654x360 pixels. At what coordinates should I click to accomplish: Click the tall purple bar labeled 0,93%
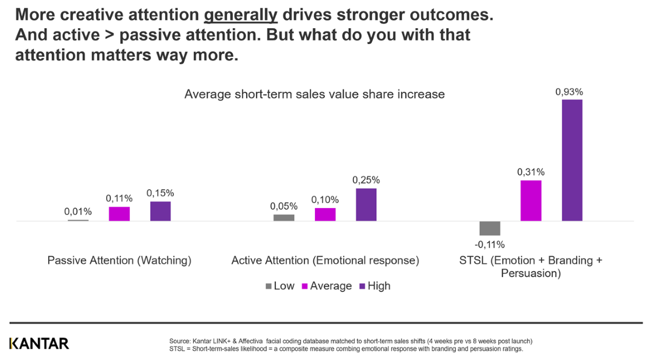(x=572, y=160)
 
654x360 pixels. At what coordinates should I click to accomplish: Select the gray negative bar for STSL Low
(x=490, y=228)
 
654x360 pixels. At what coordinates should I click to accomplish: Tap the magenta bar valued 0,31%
(x=531, y=201)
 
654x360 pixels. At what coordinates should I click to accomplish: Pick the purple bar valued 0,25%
(x=366, y=205)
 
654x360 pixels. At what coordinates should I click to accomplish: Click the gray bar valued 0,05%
(x=284, y=218)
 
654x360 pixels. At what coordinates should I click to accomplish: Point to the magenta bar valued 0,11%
(x=119, y=214)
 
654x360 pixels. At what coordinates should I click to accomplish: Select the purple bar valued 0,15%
(x=161, y=211)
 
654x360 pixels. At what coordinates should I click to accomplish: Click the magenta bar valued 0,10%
(x=325, y=214)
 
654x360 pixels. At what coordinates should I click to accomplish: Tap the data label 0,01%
(x=78, y=212)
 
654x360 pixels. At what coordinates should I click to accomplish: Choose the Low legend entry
(x=279, y=285)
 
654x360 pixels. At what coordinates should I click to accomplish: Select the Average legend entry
(x=326, y=285)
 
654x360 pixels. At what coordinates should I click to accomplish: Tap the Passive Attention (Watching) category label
(x=119, y=260)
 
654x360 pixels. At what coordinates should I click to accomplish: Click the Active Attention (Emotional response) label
(x=325, y=260)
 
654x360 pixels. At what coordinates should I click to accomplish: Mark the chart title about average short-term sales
(x=314, y=94)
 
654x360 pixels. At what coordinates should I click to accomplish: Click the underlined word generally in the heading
(x=241, y=15)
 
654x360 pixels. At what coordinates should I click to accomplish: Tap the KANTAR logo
(x=39, y=343)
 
